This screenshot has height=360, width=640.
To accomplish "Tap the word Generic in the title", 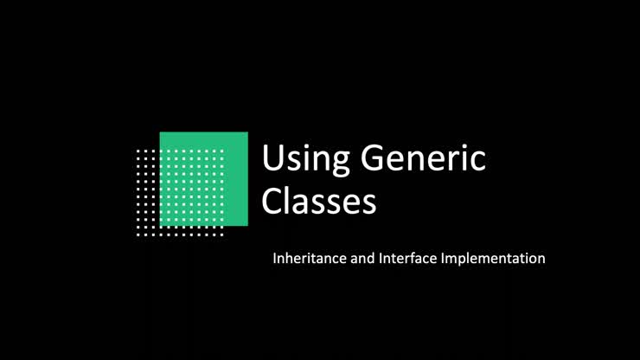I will click(423, 159).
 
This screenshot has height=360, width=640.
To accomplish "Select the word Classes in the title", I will click(319, 201).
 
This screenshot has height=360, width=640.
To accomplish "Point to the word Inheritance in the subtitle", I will click(309, 258).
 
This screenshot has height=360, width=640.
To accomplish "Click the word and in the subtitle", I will click(362, 258).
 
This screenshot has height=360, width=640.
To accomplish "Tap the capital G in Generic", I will click(374, 158).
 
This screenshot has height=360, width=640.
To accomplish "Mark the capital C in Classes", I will click(272, 201).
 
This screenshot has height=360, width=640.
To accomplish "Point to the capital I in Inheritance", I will click(275, 258).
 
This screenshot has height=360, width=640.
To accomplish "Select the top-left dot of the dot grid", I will click(138, 151).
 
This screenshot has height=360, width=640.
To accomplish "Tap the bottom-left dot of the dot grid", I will click(138, 234).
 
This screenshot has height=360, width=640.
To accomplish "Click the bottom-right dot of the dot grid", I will click(221, 234).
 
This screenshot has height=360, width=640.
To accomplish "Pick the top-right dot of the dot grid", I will click(221, 151).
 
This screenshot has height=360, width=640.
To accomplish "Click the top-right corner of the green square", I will click(247, 132).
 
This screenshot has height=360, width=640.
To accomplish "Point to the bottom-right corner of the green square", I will click(247, 225).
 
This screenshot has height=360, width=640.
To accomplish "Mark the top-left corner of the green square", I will click(160, 132).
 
